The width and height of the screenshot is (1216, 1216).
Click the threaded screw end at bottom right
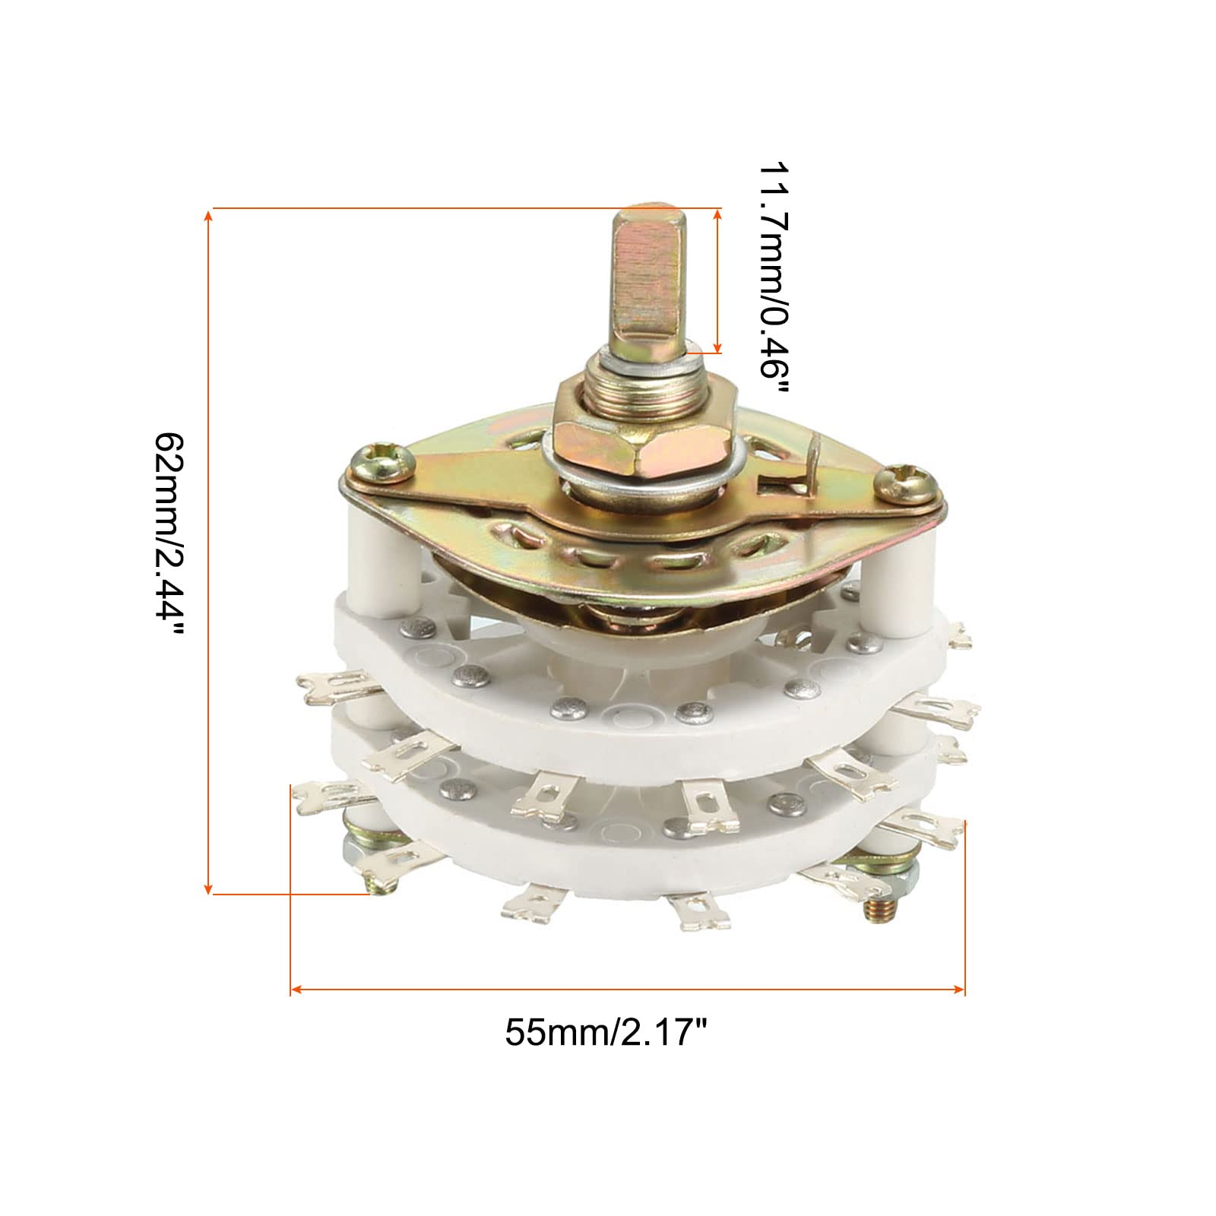pos(882,911)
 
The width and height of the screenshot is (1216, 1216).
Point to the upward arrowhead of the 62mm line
pos(209,216)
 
